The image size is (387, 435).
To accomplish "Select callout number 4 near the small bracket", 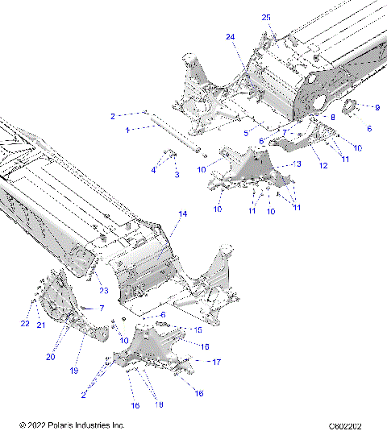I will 153,169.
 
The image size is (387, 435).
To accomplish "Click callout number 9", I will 377,106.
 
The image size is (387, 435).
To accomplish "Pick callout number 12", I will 322,165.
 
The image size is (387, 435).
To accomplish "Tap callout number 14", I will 182,214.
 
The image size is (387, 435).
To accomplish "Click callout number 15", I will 198,330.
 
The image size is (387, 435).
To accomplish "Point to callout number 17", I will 217,362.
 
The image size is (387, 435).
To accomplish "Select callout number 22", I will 25,324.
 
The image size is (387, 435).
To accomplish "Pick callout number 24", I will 230,37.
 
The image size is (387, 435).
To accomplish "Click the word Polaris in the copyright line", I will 55,425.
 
